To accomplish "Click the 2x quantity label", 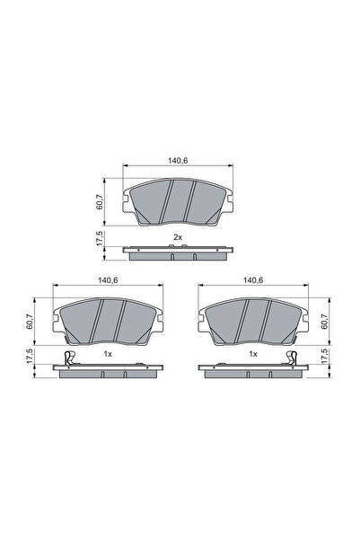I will point(178,236).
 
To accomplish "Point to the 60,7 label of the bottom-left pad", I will point(31,319).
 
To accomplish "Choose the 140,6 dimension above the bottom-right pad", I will point(253,280).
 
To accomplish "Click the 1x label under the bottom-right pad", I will point(253,355).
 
